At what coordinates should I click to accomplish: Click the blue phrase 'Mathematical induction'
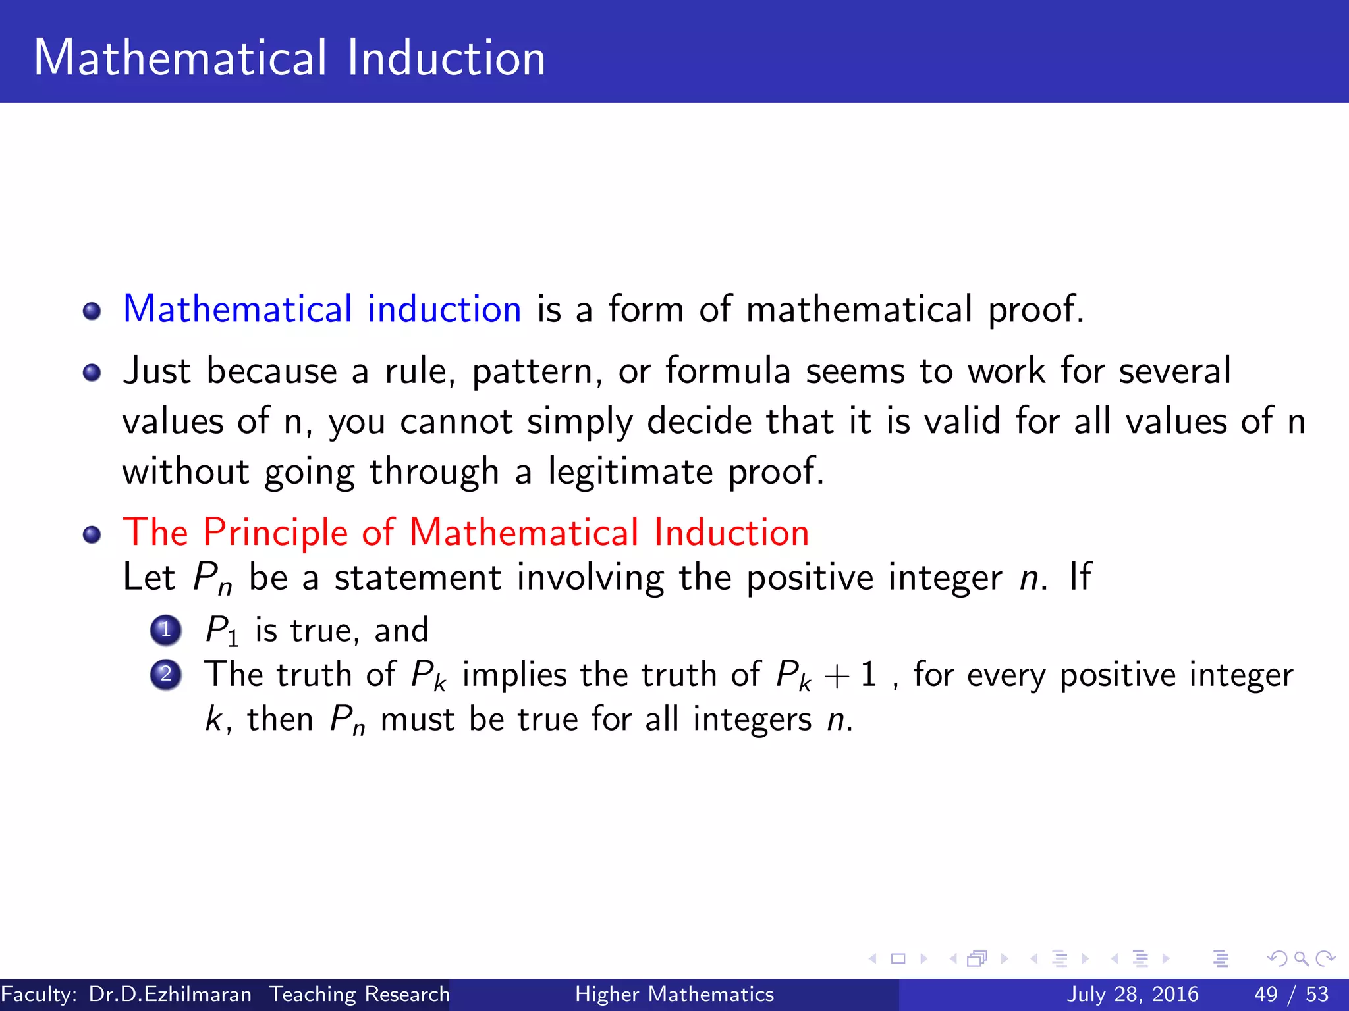322,309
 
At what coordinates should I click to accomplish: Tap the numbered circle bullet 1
165,630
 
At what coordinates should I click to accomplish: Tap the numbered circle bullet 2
165,675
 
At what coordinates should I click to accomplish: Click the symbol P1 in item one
221,631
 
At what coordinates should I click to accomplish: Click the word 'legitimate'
630,472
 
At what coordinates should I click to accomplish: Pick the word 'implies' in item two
514,675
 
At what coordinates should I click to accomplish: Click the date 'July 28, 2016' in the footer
1132,994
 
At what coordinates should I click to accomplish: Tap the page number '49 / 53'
1291,994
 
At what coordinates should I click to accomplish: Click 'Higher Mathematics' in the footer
674,994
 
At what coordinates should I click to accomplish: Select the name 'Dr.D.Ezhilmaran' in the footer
170,994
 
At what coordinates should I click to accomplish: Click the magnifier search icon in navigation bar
1301,958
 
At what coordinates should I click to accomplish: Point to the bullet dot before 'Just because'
92,373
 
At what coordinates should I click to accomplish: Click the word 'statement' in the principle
418,578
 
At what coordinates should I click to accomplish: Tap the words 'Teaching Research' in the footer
360,994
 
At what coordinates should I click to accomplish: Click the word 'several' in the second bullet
1174,371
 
